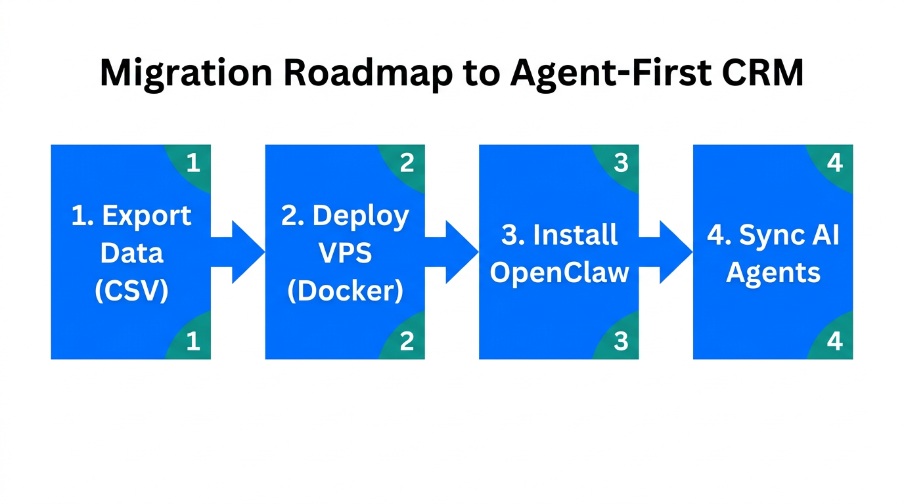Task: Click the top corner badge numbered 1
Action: (x=192, y=163)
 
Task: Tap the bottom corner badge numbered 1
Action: (x=192, y=341)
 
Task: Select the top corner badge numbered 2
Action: (x=406, y=163)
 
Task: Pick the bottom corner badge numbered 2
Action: (x=406, y=341)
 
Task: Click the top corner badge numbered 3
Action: (x=620, y=163)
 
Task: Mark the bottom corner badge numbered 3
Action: (x=620, y=341)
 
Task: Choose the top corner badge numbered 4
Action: (x=834, y=163)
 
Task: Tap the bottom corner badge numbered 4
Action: (x=834, y=341)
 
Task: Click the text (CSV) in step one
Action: (x=131, y=291)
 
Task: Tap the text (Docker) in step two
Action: (x=345, y=291)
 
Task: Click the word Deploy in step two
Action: (x=361, y=216)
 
